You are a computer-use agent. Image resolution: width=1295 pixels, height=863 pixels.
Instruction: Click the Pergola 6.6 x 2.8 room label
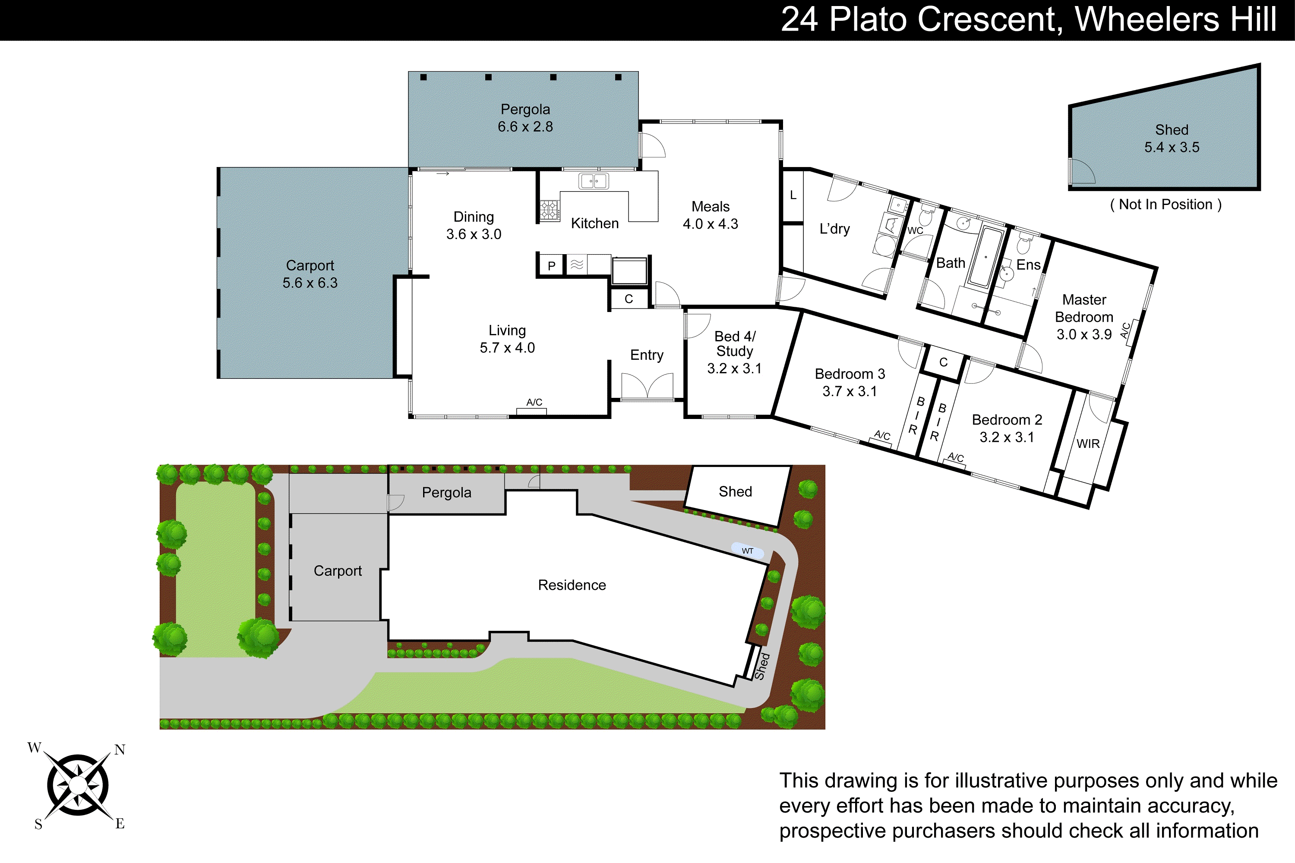point(525,118)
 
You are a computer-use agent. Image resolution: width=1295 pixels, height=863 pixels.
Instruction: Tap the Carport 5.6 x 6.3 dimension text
point(310,283)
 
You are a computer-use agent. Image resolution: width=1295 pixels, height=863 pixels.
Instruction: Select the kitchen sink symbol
point(593,181)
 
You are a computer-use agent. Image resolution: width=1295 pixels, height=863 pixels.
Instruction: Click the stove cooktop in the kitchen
point(549,210)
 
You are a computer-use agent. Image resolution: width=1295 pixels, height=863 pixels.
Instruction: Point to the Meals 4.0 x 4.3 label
point(710,215)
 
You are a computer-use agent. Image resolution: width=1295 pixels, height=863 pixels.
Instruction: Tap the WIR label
point(1087,444)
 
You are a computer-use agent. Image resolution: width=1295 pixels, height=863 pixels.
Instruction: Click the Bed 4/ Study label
point(735,344)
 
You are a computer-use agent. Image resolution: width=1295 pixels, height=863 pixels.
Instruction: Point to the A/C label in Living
point(534,402)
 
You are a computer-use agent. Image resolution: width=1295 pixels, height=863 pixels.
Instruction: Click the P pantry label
point(551,266)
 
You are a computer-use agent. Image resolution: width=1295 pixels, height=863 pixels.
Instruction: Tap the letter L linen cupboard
point(793,195)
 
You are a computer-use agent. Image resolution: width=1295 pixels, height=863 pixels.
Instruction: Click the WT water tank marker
point(747,551)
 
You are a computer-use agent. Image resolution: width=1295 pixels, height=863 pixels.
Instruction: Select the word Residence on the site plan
point(572,585)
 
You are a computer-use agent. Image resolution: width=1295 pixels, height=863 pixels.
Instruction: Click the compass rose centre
point(78,785)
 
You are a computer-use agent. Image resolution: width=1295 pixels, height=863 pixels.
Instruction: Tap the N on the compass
point(120,750)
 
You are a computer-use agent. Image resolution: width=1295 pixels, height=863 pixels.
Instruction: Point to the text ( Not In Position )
point(1165,205)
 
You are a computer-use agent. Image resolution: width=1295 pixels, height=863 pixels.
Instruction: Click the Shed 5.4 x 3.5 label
point(1171,139)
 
